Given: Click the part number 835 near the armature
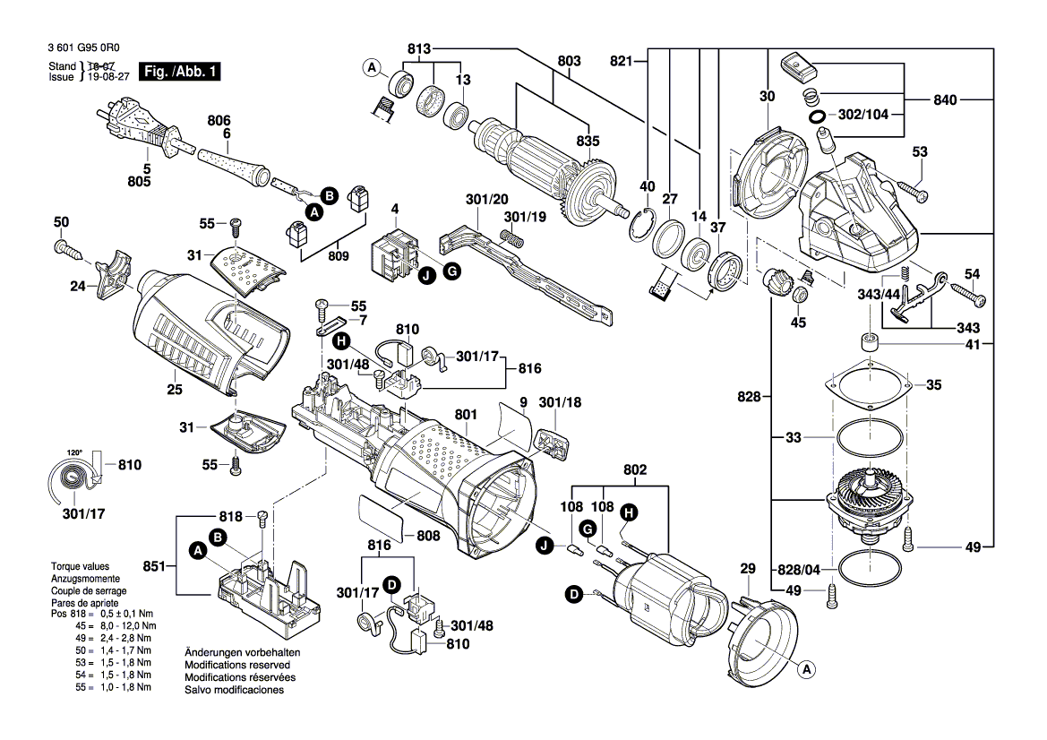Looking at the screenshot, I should coord(588,141).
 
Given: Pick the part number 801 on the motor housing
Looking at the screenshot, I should coord(465,415).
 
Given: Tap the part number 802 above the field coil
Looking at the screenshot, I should coord(634,469).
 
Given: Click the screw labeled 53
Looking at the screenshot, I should coord(910,191).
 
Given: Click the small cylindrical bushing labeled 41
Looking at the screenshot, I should coord(868,343).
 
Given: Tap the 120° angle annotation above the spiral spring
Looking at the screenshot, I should coord(73,452).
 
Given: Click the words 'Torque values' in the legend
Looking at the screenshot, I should coord(80,566).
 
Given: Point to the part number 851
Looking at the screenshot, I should coord(155,566).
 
